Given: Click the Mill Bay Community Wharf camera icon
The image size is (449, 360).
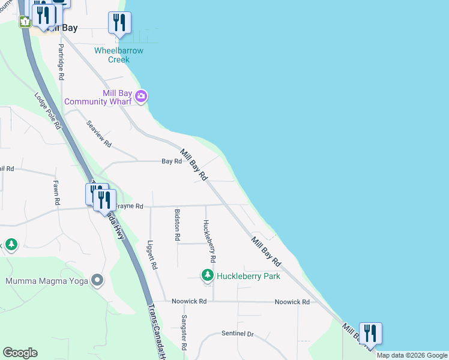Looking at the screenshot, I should pyautogui.click(x=142, y=96).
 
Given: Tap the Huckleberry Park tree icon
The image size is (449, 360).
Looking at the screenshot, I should pyautogui.click(x=208, y=275).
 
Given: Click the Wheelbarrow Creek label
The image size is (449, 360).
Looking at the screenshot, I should pyautogui.click(x=119, y=55).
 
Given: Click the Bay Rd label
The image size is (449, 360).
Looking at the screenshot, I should pyautogui.click(x=172, y=161).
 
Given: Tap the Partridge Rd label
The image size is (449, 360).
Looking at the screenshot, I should pyautogui.click(x=61, y=61).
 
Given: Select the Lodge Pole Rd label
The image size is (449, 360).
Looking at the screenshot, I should pyautogui.click(x=48, y=111).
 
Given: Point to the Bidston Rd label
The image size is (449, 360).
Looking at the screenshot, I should pyautogui.click(x=177, y=224).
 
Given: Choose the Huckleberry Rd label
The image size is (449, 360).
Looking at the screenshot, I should pyautogui.click(x=209, y=241).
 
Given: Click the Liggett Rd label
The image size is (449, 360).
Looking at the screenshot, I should pyautogui.click(x=152, y=255).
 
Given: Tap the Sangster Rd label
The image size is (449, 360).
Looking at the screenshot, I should pyautogui.click(x=184, y=333).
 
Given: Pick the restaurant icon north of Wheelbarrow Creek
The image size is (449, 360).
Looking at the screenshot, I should pyautogui.click(x=119, y=23).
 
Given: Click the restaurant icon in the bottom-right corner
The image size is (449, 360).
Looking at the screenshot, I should pyautogui.click(x=370, y=333).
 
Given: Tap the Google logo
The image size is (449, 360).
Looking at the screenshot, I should pyautogui.click(x=20, y=353).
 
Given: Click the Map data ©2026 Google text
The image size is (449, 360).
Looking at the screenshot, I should pyautogui.click(x=412, y=355).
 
